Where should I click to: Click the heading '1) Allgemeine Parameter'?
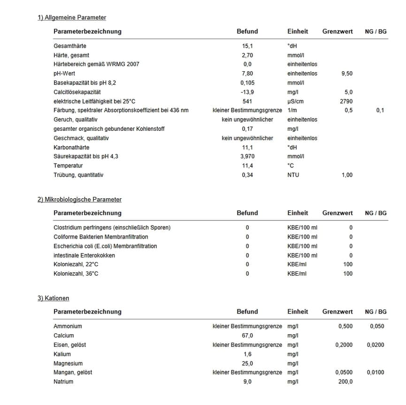(72, 18)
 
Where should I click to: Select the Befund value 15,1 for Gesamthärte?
(247, 46)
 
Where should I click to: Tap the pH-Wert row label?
(64, 74)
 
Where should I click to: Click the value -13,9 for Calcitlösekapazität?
(247, 92)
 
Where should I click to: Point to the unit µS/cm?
(296, 101)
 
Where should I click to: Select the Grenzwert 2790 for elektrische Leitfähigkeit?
(346, 101)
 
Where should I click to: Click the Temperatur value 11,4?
(247, 166)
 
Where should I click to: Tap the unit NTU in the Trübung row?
(293, 175)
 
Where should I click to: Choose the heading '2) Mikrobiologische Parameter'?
(79, 200)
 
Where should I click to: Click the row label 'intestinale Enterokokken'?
(84, 255)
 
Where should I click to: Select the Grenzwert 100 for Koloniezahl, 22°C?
(347, 265)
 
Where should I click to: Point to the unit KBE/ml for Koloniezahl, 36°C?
(297, 274)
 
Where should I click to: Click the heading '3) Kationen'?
(54, 298)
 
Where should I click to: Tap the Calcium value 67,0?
(247, 336)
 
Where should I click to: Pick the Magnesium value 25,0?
(247, 363)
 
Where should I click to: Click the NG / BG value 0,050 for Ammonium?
(377, 326)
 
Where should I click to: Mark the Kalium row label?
(62, 354)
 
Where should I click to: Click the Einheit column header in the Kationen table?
(298, 312)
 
